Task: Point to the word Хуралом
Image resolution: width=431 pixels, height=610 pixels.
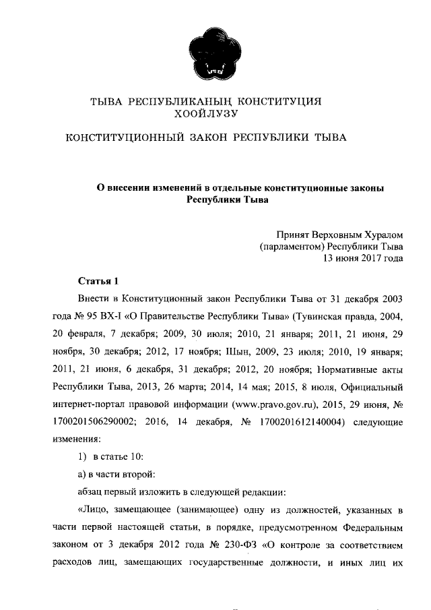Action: tap(383, 235)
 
